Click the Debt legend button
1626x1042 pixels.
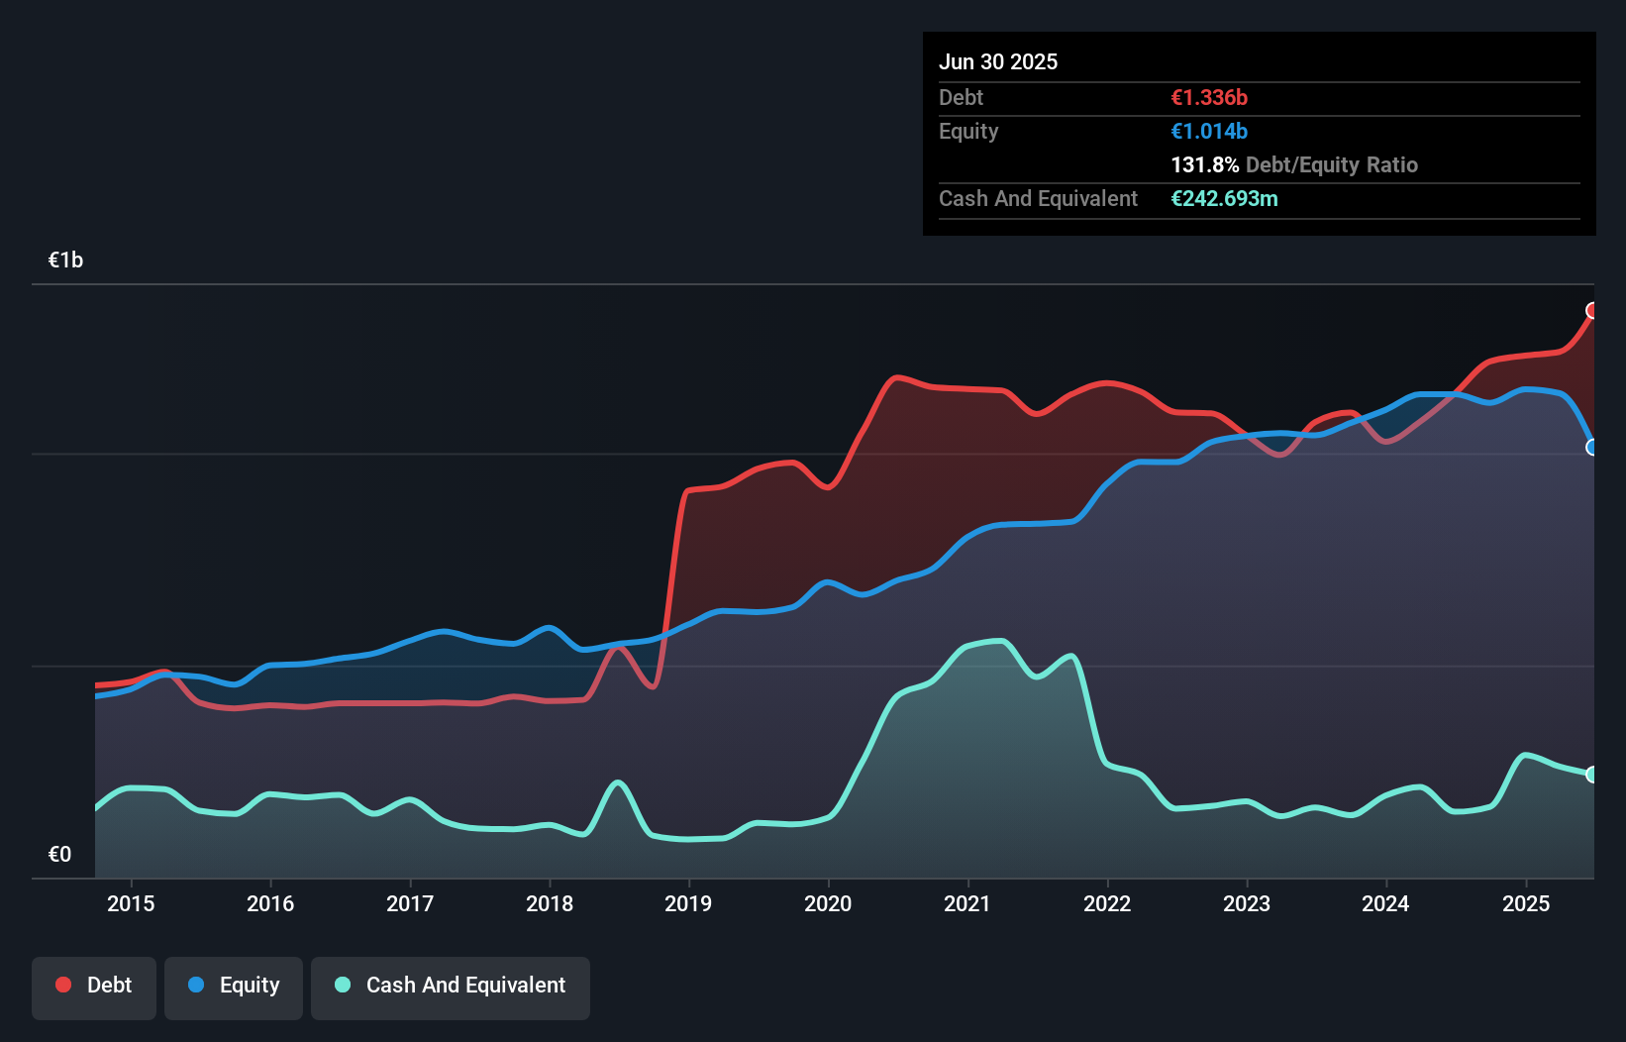94,987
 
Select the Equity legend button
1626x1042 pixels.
234,987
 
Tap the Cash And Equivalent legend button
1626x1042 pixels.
451,987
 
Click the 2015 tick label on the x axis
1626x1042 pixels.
131,903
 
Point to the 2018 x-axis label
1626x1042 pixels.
550,903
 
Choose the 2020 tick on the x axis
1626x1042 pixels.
828,903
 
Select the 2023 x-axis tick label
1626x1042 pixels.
1247,903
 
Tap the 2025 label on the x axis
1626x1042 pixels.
1526,903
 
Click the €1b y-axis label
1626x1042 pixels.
66,260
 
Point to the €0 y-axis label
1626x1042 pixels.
60,854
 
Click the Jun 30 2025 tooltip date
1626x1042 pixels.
998,61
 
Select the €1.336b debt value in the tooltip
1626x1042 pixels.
1209,97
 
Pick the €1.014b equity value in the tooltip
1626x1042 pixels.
1209,131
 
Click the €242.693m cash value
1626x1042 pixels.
1224,198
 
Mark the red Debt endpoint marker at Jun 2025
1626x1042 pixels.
1592,311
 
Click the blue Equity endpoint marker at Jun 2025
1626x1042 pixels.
1592,448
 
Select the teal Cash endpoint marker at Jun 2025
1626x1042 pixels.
1592,775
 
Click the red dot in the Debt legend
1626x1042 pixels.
63,985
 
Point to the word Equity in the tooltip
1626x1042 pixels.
968,131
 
